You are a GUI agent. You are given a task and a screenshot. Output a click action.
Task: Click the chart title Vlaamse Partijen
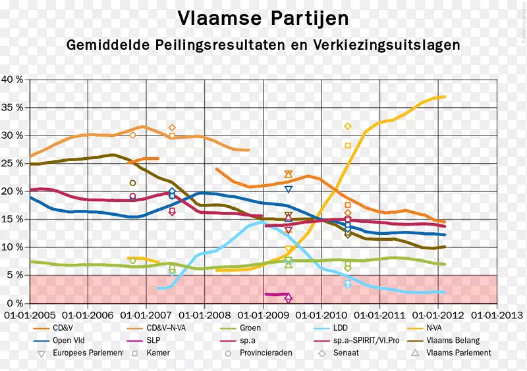263,17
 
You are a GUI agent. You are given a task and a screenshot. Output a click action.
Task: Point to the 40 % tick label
13,80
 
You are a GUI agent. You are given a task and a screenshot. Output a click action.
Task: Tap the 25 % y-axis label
13,163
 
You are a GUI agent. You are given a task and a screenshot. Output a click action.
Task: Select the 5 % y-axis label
14,275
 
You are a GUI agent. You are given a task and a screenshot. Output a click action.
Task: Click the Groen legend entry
250,328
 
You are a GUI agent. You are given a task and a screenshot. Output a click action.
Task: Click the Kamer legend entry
158,353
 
